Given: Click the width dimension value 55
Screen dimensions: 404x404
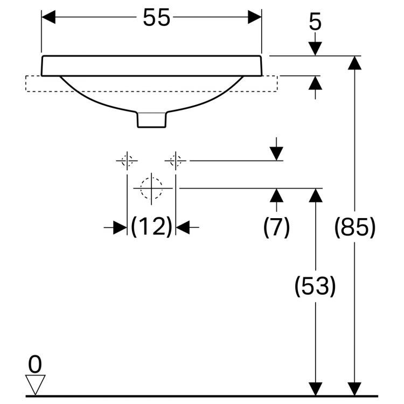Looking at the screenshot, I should tap(156, 18).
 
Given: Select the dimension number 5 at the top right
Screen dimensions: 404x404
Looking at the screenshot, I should tap(316, 23).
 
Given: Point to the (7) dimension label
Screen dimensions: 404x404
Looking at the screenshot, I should tap(276, 227).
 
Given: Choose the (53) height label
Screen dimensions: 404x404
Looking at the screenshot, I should tap(315, 285).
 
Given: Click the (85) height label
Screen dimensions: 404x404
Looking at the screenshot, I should tap(354, 227).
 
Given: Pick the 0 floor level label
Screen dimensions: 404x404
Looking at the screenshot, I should tap(36, 365).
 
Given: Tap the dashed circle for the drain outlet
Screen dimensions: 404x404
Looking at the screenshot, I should tap(151, 188).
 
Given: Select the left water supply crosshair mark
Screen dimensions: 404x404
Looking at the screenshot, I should tap(127, 161).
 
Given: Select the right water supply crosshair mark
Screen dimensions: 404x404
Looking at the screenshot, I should tap(176, 161).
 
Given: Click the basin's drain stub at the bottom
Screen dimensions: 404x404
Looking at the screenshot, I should tap(152, 120).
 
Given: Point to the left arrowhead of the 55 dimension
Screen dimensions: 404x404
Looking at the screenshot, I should tap(49, 17).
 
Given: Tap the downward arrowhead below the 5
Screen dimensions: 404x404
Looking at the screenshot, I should tap(316, 48).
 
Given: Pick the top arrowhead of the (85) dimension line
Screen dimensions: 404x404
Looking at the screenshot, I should tap(354, 63).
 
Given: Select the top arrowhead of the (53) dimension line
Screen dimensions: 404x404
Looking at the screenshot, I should tap(316, 196).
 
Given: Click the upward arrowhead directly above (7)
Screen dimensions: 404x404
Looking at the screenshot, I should tap(276, 195).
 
